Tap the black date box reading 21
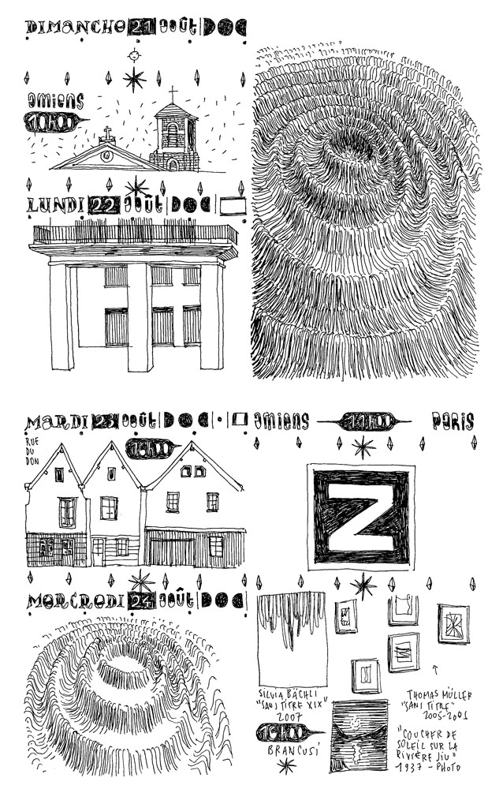(x=142, y=28)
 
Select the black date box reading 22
(x=104, y=205)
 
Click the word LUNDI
(x=55, y=206)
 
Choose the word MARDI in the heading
(x=56, y=422)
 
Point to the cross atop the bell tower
(x=173, y=93)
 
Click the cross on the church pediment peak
(x=108, y=133)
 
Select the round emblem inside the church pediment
(x=107, y=156)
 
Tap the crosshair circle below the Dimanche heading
(x=134, y=55)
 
